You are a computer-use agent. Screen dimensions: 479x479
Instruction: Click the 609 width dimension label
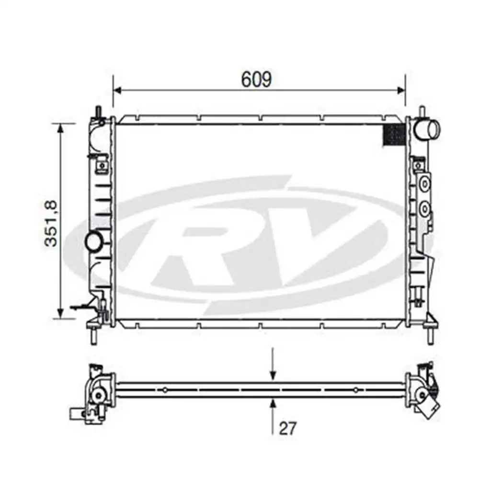click(256, 79)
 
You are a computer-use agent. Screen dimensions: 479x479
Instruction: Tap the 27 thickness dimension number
click(287, 428)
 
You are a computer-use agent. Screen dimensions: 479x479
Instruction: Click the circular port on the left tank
click(93, 242)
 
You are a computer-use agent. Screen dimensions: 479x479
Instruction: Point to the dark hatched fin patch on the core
click(395, 134)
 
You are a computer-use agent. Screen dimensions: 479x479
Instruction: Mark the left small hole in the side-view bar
click(165, 390)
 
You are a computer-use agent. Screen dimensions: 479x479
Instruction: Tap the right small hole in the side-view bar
click(355, 390)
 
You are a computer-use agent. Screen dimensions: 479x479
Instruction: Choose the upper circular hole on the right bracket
click(424, 184)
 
